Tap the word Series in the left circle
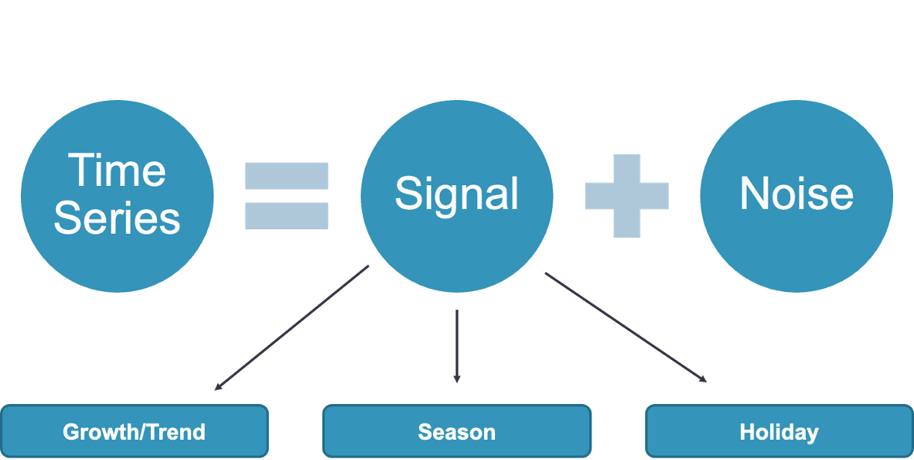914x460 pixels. click(x=117, y=218)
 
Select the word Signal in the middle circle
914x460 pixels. click(x=456, y=194)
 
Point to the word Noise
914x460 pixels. click(x=796, y=194)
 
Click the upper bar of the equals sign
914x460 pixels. click(x=287, y=175)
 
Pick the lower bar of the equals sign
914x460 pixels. click(x=287, y=216)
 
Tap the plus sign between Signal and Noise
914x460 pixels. click(x=627, y=196)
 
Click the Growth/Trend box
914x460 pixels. click(x=134, y=432)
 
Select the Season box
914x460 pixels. click(x=456, y=432)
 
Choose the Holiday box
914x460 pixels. click(x=779, y=432)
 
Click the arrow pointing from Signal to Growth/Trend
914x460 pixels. click(x=291, y=328)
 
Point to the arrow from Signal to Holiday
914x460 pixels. click(x=626, y=327)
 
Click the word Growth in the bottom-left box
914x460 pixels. click(x=95, y=432)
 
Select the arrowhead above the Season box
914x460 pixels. click(x=456, y=379)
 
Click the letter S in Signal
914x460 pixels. click(x=406, y=193)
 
